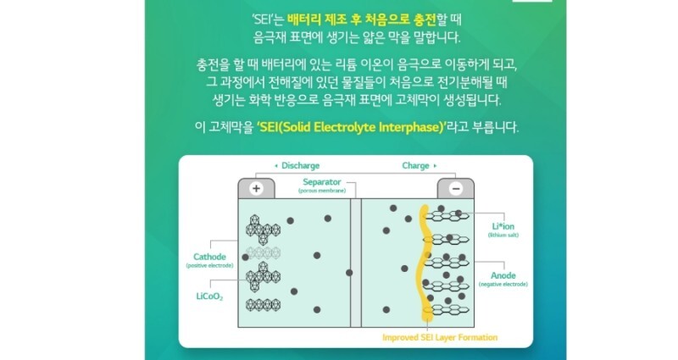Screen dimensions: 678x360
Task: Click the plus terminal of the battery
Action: tap(257, 188)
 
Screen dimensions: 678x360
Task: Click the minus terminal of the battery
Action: tap(454, 188)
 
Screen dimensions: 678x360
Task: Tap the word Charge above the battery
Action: tap(415, 165)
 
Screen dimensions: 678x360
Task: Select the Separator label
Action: tap(323, 182)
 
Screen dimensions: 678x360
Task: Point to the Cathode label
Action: tap(209, 257)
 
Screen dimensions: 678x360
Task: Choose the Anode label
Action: tap(503, 276)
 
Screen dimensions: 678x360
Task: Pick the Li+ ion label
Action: tap(504, 226)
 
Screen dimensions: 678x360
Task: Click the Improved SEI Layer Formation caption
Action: tap(439, 337)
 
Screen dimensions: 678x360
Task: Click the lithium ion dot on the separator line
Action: tap(349, 272)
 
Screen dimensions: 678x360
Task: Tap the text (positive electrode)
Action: tap(208, 266)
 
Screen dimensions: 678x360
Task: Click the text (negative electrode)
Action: tap(503, 285)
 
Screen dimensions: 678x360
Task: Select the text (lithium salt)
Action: tap(503, 235)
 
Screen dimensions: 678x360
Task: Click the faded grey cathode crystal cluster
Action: tap(263, 253)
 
